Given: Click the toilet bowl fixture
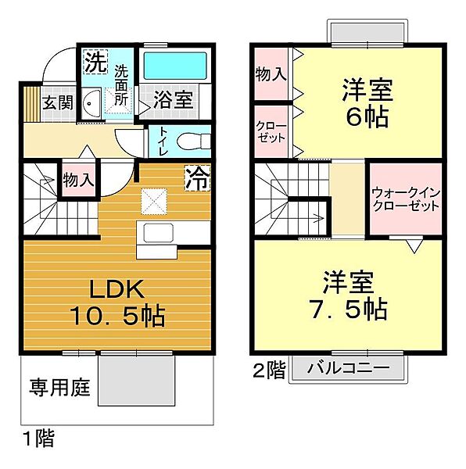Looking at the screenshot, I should (192, 142).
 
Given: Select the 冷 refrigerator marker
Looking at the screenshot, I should (196, 178).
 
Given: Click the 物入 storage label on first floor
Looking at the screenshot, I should (78, 178).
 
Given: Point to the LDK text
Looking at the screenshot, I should (117, 290).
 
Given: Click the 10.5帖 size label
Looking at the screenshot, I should (117, 317).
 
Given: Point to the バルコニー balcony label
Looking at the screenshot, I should (349, 367).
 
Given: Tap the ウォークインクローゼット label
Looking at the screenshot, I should (405, 199).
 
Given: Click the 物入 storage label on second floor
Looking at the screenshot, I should (271, 75).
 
